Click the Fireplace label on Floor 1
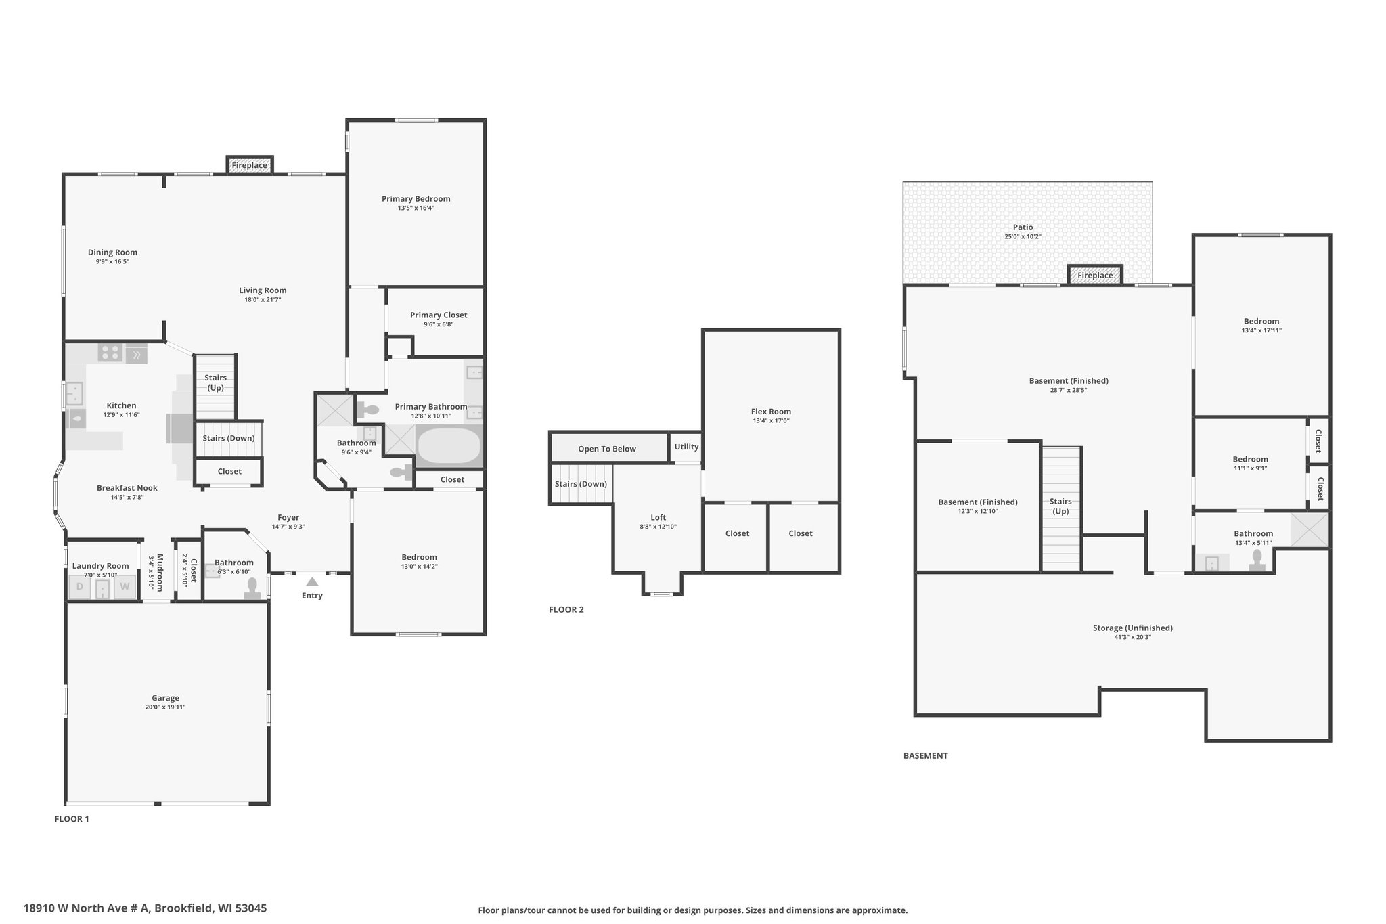pos(249,165)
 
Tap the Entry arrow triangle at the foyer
pos(312,581)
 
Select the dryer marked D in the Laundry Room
pos(80,587)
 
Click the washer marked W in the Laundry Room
pos(125,587)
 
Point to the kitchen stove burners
pos(110,353)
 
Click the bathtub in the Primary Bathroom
pos(449,445)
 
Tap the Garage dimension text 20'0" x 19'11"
pos(165,707)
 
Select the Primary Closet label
pos(439,315)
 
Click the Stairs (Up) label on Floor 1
pos(216,382)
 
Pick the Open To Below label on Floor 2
pos(607,449)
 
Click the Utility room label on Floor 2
pos(686,447)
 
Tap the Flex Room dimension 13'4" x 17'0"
pos(771,420)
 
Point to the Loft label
pos(658,517)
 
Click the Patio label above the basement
pos(1023,227)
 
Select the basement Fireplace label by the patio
pos(1095,276)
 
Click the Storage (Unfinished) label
pos(1133,628)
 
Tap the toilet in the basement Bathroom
pos(1257,560)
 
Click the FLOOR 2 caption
pos(566,609)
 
